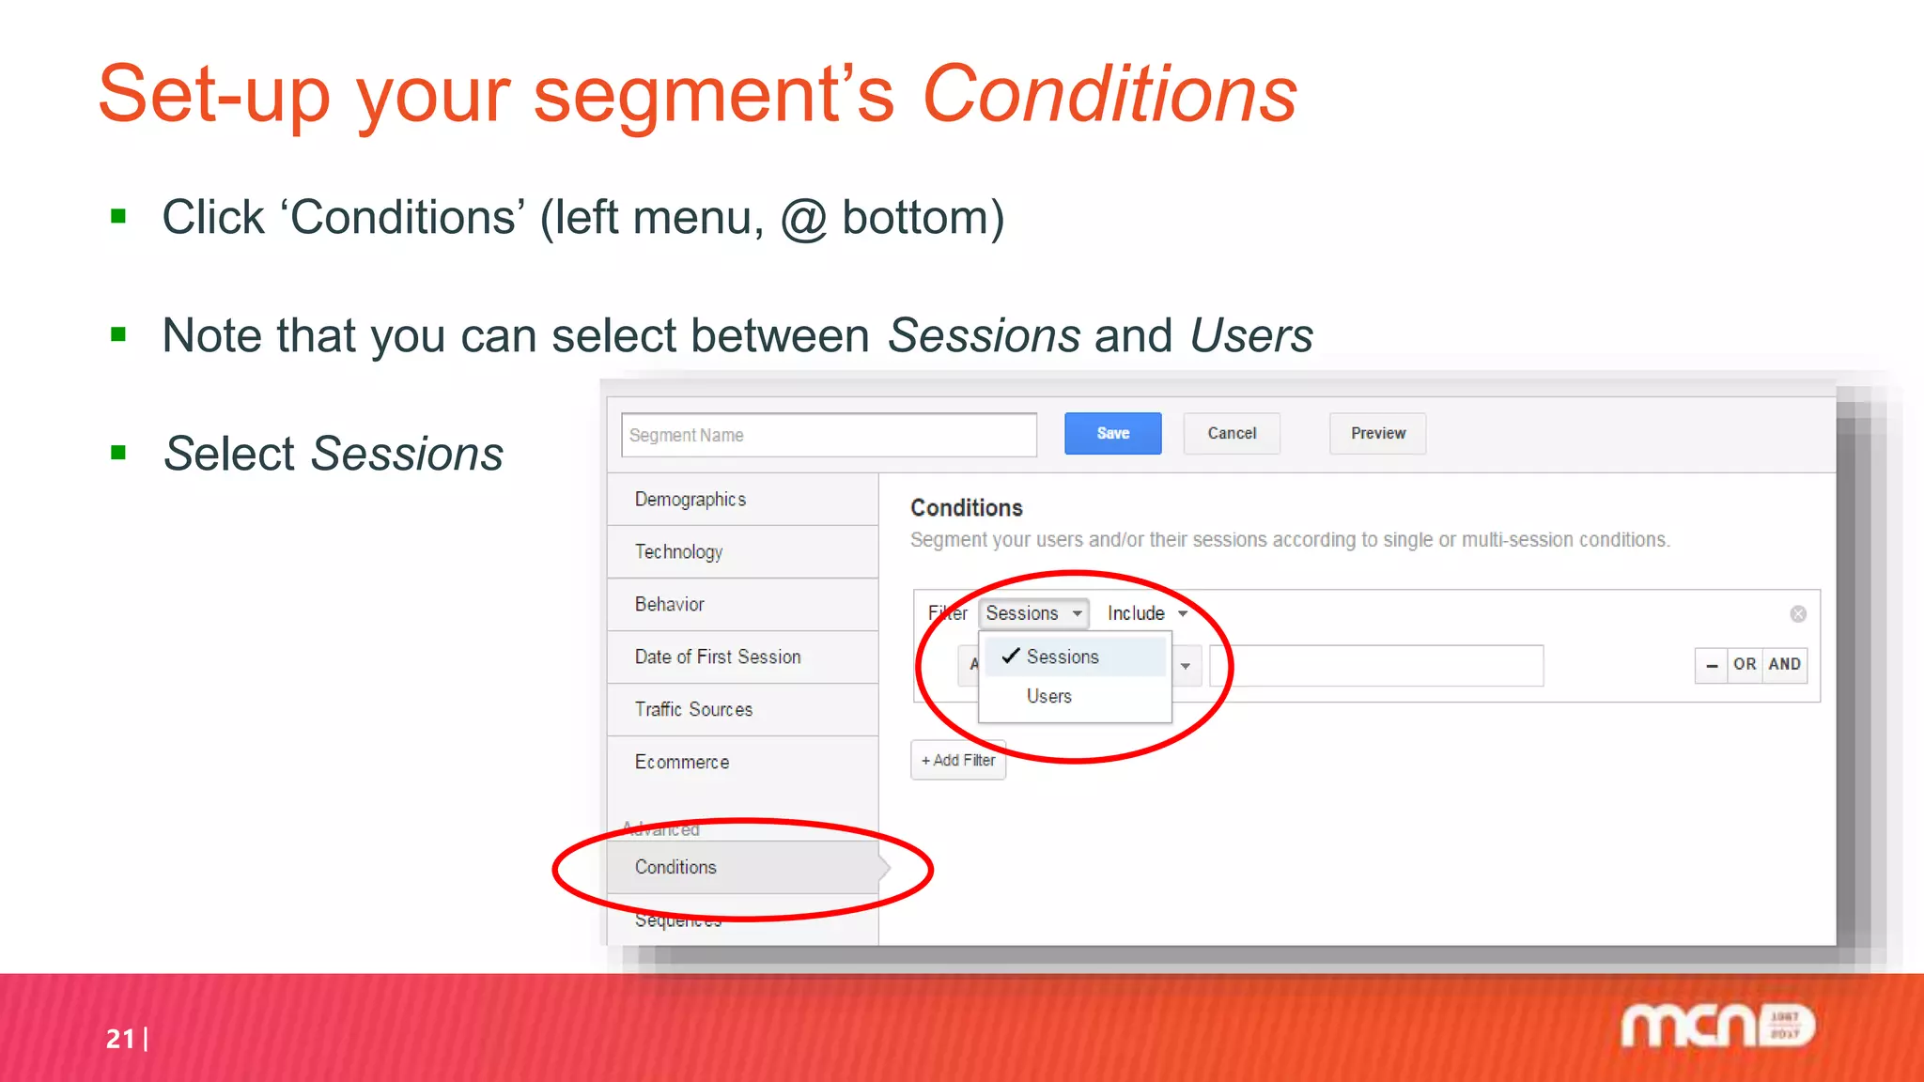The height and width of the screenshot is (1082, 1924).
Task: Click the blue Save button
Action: pos(1112,433)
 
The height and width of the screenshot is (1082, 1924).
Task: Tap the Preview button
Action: pos(1377,433)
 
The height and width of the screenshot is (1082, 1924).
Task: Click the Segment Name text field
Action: pos(829,435)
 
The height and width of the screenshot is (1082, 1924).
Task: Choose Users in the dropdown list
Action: pos(1049,696)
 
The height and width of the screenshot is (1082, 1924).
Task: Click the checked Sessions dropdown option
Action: pos(1063,657)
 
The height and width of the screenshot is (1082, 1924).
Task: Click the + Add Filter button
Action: pos(958,760)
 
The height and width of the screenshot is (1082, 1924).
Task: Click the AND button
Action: pos(1784,664)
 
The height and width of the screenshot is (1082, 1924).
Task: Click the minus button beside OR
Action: pos(1712,665)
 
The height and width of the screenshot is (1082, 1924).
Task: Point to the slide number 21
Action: pos(120,1038)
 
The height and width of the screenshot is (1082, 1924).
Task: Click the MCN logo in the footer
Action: pos(1717,1026)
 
